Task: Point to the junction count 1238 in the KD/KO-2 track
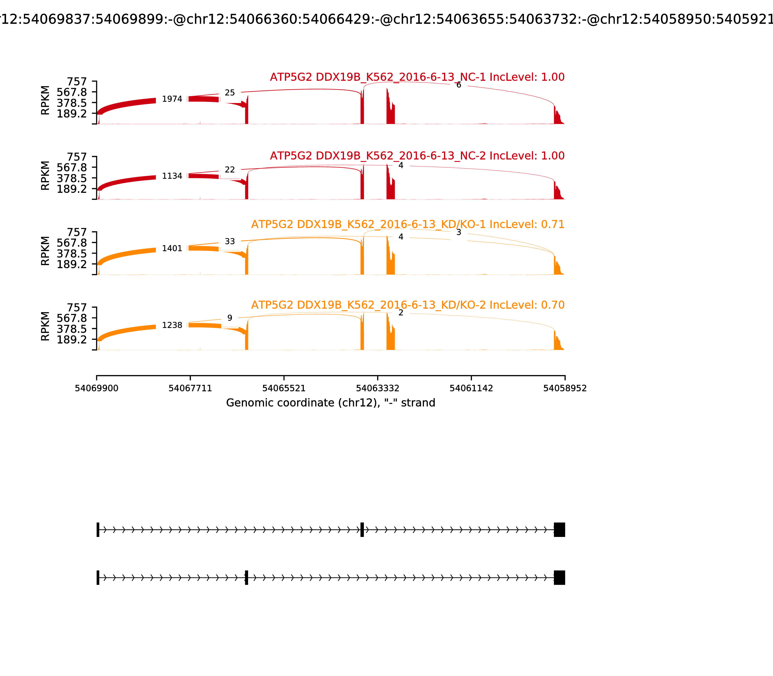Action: (172, 325)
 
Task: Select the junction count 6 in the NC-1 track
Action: (458, 85)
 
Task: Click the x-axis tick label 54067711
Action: (190, 388)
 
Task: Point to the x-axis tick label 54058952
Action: (565, 388)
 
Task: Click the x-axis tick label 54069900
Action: (97, 388)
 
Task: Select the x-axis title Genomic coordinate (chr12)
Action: (331, 403)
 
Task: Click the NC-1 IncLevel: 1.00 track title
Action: (417, 77)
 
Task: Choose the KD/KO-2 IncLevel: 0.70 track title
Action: (408, 305)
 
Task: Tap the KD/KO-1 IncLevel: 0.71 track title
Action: (408, 225)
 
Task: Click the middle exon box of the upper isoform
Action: (362, 530)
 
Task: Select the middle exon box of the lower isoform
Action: (246, 577)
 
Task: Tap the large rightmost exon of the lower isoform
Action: (559, 577)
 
